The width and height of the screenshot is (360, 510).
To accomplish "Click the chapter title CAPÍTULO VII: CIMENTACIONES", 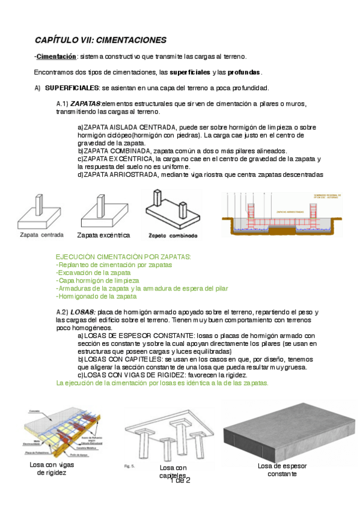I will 100,40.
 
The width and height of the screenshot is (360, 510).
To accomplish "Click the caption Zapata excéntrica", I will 103,235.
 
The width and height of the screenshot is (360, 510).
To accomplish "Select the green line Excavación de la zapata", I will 93,272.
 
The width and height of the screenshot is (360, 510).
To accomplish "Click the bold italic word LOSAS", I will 82,312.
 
